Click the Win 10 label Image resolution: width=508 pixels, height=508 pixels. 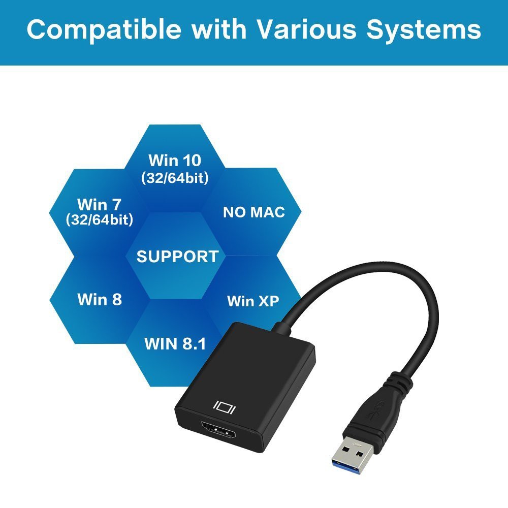[175, 161]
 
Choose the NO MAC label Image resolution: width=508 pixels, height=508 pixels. [254, 212]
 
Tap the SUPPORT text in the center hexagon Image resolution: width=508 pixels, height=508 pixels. [177, 257]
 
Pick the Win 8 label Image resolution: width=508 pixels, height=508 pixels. [100, 299]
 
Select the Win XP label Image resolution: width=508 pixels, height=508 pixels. [253, 301]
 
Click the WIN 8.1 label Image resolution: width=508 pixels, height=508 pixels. [175, 343]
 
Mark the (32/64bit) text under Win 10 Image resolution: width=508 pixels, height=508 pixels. [175, 178]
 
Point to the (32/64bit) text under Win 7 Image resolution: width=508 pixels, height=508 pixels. [100, 220]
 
